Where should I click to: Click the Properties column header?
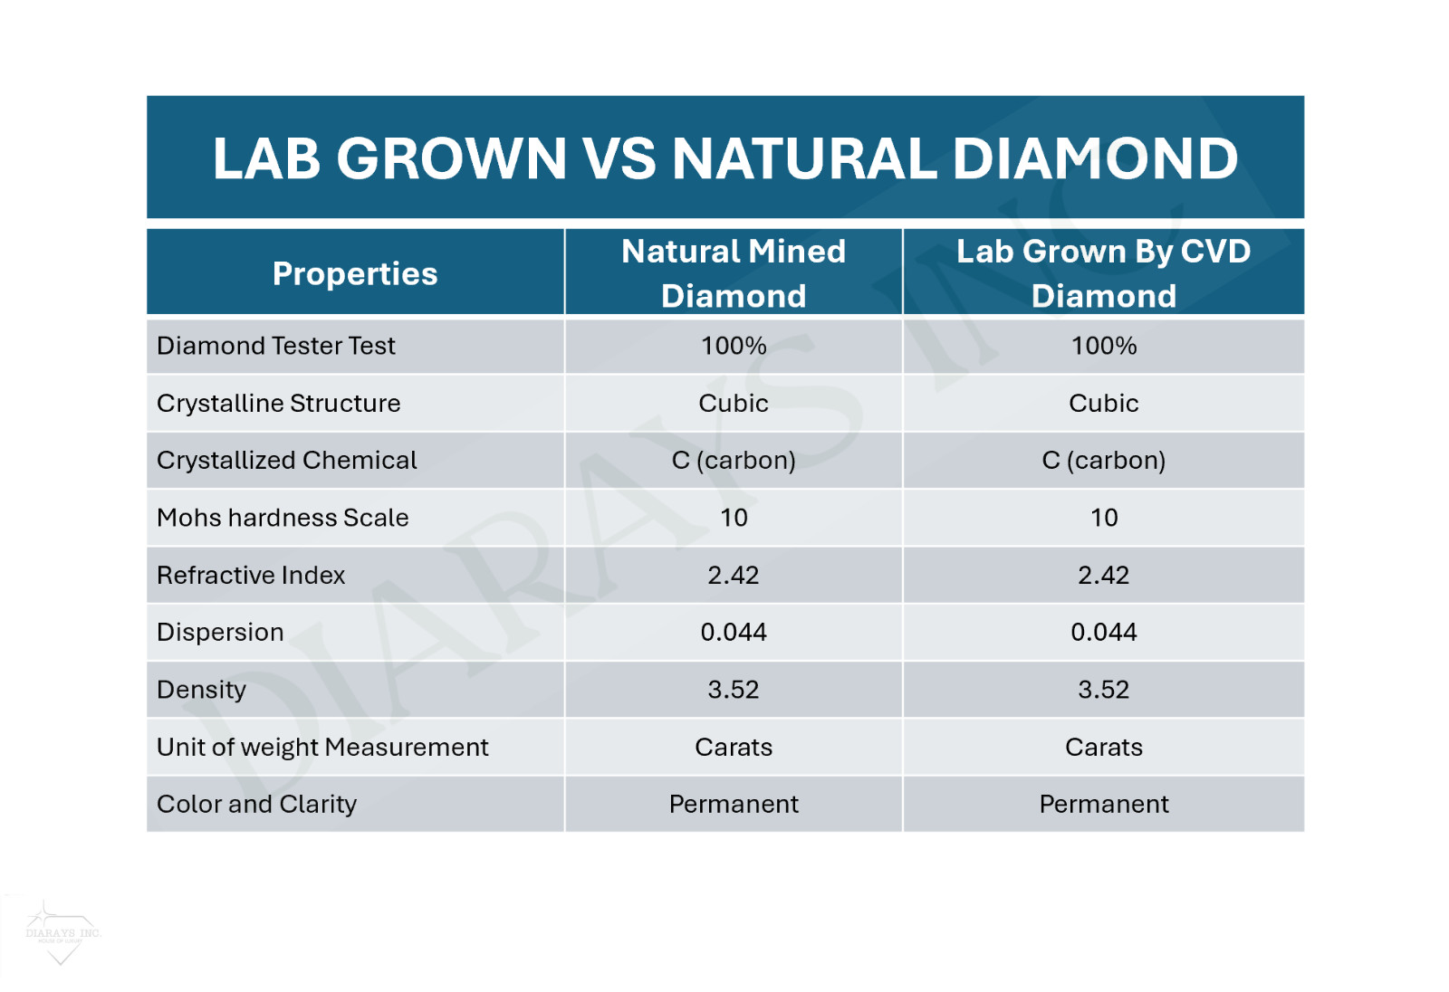(x=355, y=273)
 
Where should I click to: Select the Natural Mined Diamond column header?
(x=734, y=272)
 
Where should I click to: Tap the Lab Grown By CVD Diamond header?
(x=1103, y=272)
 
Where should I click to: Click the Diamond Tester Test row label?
(x=276, y=346)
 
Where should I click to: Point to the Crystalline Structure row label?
(x=279, y=403)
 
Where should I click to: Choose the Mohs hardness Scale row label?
(x=283, y=518)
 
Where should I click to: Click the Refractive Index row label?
(x=251, y=575)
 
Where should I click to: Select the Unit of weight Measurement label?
(x=322, y=747)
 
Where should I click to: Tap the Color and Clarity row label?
(x=257, y=804)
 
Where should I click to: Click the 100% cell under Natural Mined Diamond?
(x=734, y=346)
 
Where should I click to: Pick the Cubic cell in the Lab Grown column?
(x=1103, y=403)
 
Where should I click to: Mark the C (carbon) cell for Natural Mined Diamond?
(x=734, y=460)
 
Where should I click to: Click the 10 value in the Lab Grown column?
(x=1103, y=518)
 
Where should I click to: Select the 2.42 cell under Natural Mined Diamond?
(x=734, y=575)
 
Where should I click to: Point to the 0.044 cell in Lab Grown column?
(x=1103, y=632)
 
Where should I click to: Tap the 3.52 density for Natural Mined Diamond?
(x=734, y=690)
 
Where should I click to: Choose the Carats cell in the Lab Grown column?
(x=1103, y=747)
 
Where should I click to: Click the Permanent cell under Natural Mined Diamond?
(x=734, y=804)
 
